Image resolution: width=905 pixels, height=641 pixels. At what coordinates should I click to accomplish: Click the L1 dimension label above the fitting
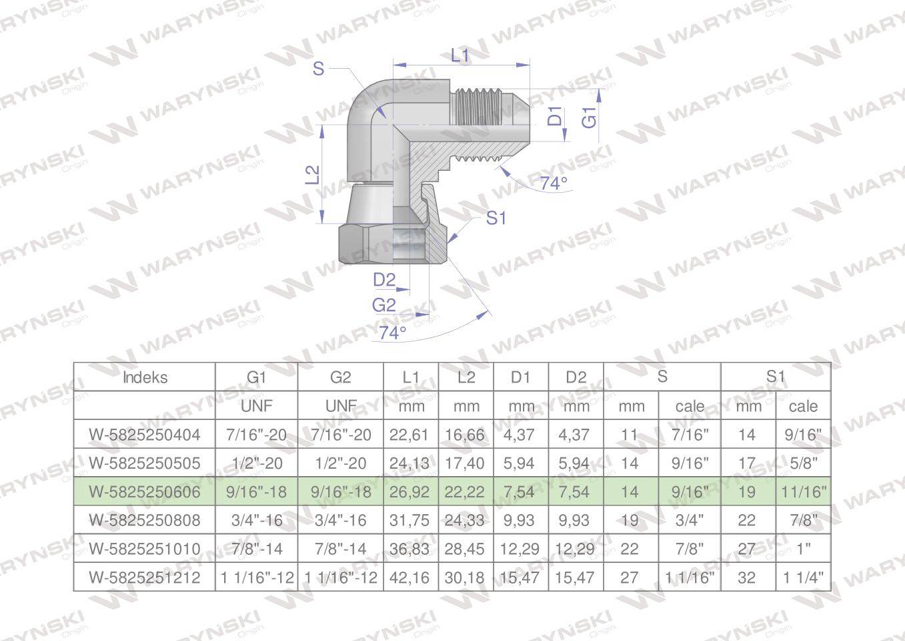tap(460, 55)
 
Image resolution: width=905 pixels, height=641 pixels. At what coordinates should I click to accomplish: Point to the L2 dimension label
tap(312, 175)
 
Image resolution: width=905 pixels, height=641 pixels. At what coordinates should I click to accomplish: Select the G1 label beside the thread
tap(590, 118)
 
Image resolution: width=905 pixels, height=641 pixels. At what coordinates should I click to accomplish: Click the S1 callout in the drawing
tap(496, 218)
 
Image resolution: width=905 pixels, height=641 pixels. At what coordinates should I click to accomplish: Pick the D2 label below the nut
tap(384, 280)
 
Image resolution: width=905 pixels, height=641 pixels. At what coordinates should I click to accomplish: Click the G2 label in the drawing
tap(384, 305)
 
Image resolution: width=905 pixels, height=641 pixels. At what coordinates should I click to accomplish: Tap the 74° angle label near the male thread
tap(554, 183)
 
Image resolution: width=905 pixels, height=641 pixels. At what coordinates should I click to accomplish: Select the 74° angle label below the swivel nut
tap(392, 333)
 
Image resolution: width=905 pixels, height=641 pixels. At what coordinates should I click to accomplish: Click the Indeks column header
tap(145, 377)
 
